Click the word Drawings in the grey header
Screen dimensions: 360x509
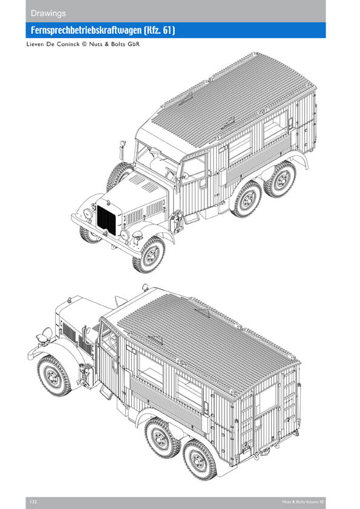[x=48, y=13]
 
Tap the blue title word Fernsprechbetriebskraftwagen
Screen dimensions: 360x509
[x=86, y=30]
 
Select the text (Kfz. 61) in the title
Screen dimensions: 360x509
[x=159, y=30]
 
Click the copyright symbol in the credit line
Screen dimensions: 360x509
[x=85, y=44]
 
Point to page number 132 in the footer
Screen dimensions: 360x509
[x=33, y=502]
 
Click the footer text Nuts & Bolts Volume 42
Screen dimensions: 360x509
[x=303, y=502]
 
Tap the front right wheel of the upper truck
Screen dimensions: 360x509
[x=148, y=255]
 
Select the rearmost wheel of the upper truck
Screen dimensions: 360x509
[x=280, y=179]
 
